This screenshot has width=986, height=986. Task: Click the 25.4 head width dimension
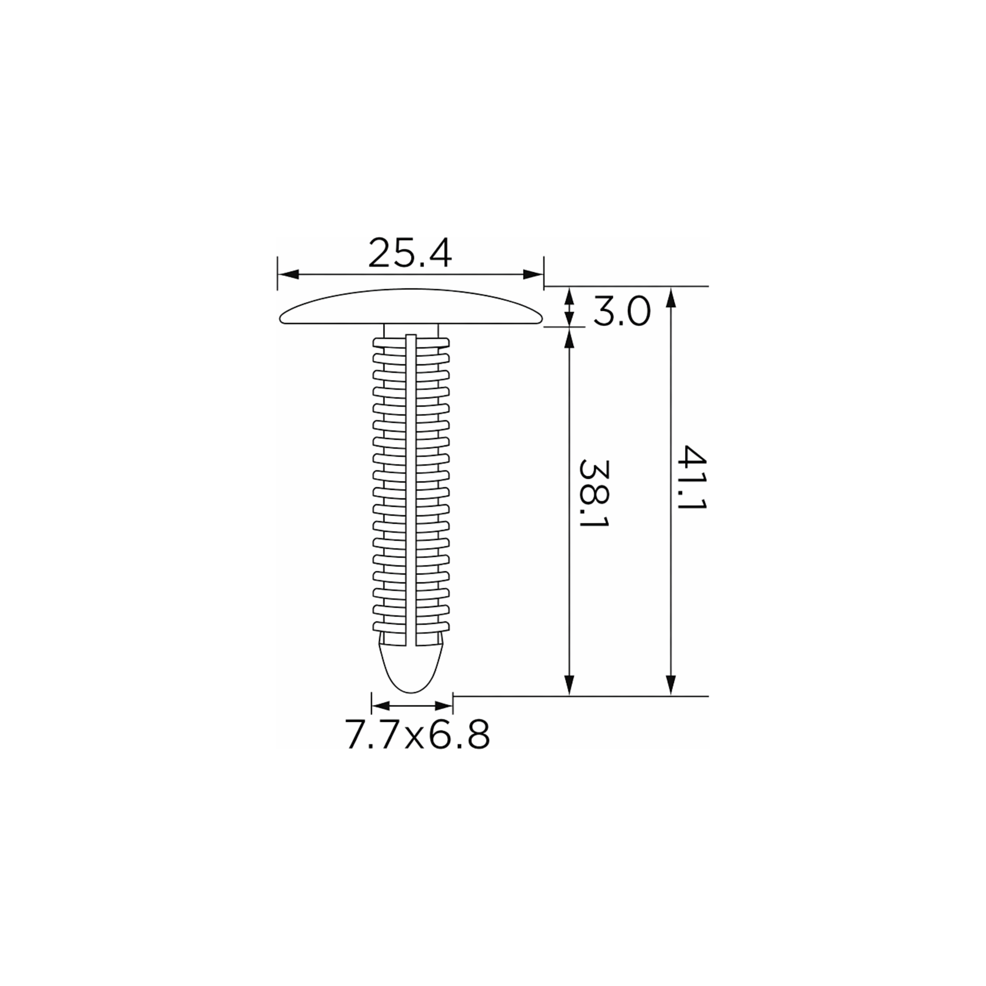[x=410, y=253]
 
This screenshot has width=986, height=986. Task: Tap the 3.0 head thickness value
[x=622, y=312]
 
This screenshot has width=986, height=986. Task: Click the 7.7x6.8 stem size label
[x=417, y=734]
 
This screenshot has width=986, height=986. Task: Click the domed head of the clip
[x=411, y=306]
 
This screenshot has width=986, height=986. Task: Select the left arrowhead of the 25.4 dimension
[x=288, y=275]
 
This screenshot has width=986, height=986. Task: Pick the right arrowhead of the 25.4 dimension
[x=533, y=275]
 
